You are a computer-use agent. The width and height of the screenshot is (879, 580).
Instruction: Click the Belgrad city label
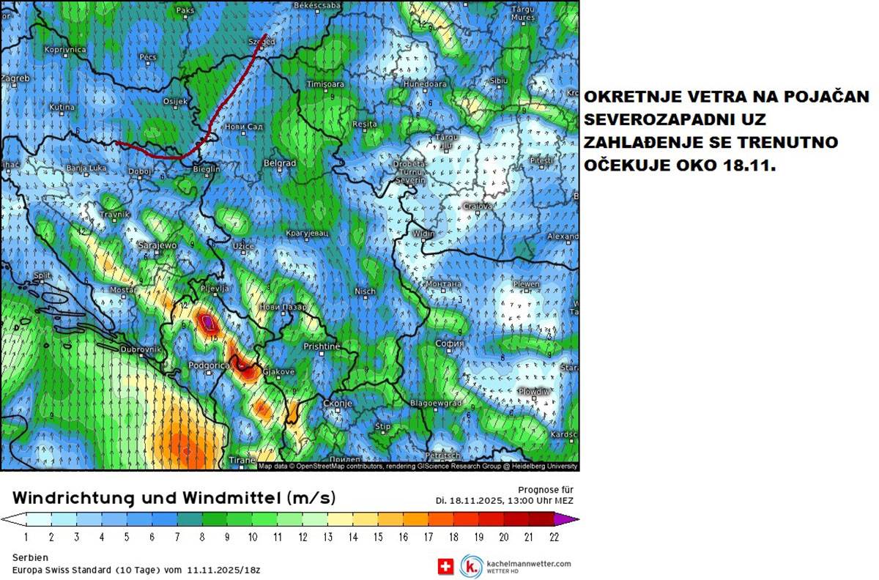(x=280, y=163)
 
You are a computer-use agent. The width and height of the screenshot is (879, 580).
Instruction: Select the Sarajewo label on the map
(x=158, y=246)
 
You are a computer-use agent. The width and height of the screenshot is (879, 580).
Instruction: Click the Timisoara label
(x=325, y=85)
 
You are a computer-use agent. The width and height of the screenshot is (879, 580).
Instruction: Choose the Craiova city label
(x=478, y=207)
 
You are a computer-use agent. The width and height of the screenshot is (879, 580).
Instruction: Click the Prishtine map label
(x=322, y=346)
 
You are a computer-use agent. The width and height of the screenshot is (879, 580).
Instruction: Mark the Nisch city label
(x=365, y=291)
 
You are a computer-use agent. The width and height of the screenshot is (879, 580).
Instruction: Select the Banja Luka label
(x=87, y=168)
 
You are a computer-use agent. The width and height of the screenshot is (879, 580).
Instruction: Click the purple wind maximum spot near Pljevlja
(x=208, y=321)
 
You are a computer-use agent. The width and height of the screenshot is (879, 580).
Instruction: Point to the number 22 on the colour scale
(x=554, y=537)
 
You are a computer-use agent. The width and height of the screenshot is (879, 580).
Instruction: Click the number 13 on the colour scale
(x=327, y=537)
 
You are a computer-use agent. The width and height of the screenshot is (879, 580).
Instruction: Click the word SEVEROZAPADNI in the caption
(x=645, y=119)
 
